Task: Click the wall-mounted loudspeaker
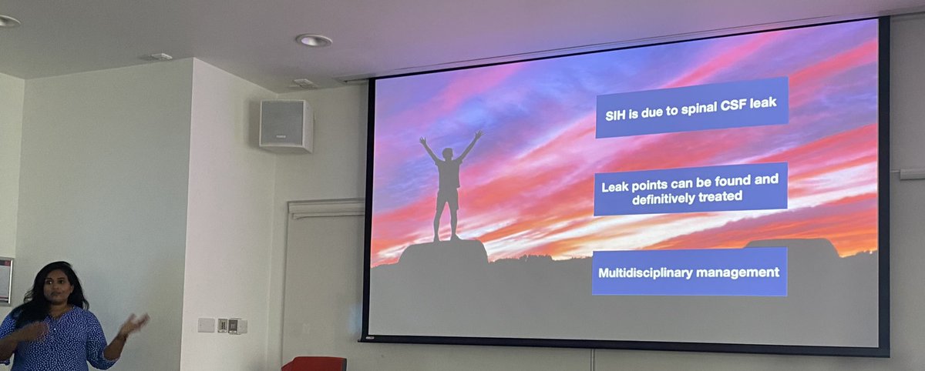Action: [285, 125]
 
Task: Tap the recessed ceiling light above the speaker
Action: [313, 40]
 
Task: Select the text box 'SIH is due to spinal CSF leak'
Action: [691, 107]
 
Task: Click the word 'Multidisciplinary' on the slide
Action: [647, 272]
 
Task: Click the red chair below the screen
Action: [314, 363]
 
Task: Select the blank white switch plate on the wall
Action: [206, 325]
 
